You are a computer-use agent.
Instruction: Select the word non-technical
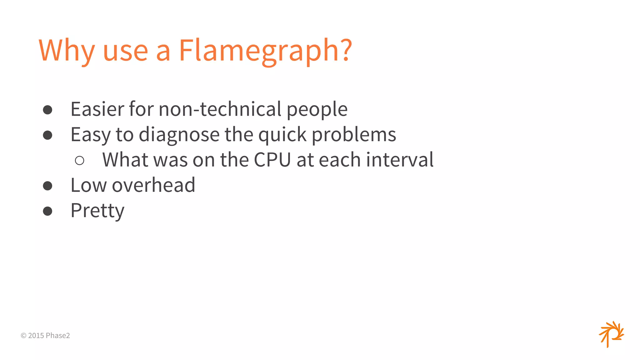tap(220, 109)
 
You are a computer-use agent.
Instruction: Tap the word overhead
tap(153, 185)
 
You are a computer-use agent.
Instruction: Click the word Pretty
tap(97, 211)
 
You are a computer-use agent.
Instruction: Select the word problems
tap(354, 135)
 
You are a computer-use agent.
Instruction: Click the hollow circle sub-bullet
tap(80, 161)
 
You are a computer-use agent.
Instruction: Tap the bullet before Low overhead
tap(47, 186)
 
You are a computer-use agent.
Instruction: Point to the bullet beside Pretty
tap(47, 211)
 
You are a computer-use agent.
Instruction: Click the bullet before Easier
tap(47, 110)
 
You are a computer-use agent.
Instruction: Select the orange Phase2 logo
tap(611, 334)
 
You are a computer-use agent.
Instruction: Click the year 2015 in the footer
tap(36, 336)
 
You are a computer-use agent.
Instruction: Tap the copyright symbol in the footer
tap(23, 336)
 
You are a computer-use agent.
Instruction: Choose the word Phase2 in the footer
tap(58, 336)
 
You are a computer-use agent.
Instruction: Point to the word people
tap(317, 110)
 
